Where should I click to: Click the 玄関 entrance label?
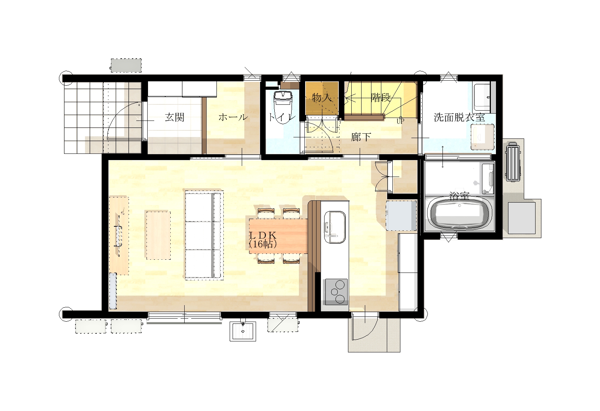point(174,117)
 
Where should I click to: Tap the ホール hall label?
point(233,117)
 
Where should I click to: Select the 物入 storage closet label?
point(322,97)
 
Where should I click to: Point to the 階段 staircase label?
point(381,97)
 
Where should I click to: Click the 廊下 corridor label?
point(361,137)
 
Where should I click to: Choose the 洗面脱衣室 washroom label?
point(459,117)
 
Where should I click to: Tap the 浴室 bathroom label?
point(459,196)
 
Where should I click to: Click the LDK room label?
point(263,235)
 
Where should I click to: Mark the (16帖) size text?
point(263,244)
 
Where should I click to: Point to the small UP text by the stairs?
point(400,121)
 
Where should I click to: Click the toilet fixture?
point(282,107)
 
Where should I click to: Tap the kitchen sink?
point(335,227)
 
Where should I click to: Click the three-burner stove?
point(336,292)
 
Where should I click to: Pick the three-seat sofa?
point(204,236)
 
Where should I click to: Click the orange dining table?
point(278,236)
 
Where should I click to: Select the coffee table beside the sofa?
point(158,235)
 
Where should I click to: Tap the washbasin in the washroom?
point(482,137)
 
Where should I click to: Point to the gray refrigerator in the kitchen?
point(401,216)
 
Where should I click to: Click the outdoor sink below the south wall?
point(243,331)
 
